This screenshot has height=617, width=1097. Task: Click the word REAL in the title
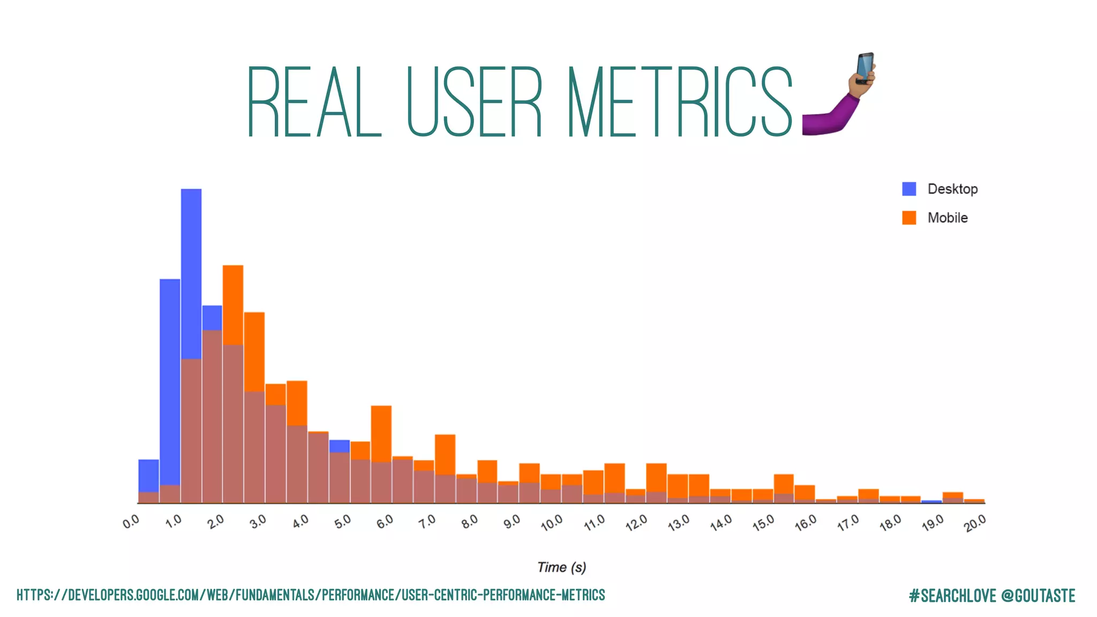tap(314, 102)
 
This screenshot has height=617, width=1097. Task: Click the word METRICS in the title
tap(679, 102)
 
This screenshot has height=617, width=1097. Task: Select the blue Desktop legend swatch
tap(909, 189)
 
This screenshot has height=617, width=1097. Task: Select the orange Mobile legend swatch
tap(909, 218)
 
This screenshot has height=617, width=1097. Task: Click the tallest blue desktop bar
tap(191, 268)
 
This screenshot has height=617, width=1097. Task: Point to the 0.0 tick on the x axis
tap(131, 521)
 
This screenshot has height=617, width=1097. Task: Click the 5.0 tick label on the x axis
tap(343, 521)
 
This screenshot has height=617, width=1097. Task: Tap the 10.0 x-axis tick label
tap(552, 522)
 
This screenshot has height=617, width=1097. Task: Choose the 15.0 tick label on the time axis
tap(763, 522)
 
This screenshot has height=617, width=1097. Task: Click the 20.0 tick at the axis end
tap(975, 522)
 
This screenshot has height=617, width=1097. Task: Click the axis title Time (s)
tap(561, 567)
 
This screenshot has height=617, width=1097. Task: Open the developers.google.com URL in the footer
tap(311, 595)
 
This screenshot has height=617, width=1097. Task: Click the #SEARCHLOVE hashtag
tap(952, 596)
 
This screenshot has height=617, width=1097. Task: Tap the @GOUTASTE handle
tap(1038, 596)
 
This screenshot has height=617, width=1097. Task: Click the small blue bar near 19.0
tap(931, 502)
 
